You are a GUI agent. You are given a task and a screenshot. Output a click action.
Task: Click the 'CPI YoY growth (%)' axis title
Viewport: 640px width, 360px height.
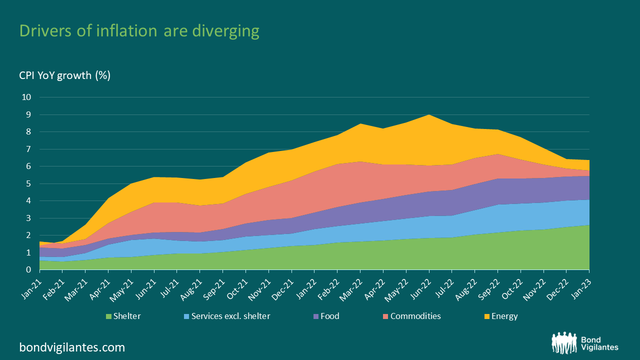tap(65, 75)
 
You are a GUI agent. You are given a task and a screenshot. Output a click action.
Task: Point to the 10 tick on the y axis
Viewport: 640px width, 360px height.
tap(26, 97)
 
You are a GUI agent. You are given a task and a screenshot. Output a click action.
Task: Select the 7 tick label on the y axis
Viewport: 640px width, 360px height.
tap(28, 149)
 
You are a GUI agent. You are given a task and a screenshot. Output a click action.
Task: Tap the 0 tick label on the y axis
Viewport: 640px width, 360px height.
tap(28, 270)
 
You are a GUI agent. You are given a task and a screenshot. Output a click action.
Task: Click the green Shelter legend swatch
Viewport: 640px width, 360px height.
tap(108, 316)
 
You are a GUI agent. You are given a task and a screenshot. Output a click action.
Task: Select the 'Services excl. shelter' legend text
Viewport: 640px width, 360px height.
tap(230, 316)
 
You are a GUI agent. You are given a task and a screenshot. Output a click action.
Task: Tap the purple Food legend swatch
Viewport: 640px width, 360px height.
tap(316, 316)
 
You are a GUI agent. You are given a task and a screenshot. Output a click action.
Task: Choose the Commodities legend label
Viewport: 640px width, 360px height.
tap(415, 316)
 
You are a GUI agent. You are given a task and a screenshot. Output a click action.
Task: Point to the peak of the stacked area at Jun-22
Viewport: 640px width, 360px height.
tap(429, 115)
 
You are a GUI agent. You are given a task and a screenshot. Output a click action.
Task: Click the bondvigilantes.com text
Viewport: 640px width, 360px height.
tap(72, 347)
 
